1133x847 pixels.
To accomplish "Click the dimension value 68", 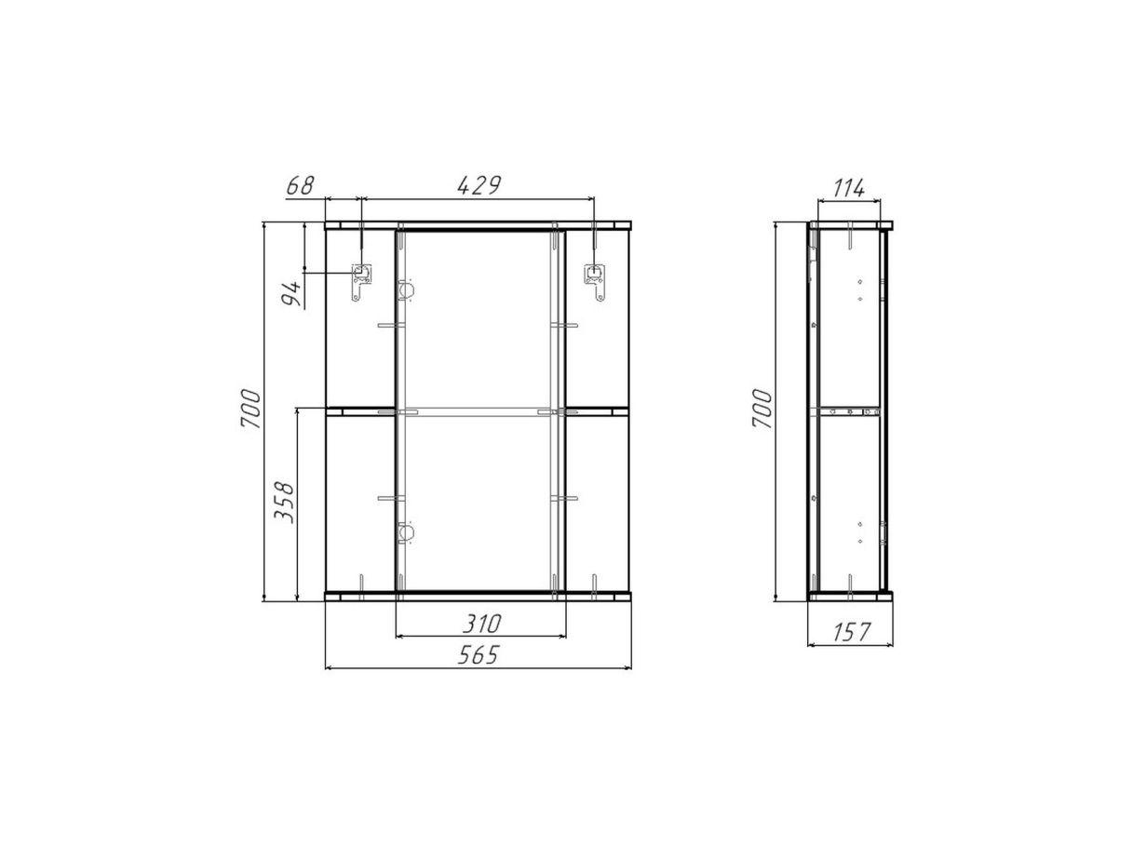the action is (300, 186).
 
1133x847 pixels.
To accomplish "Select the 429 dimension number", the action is (479, 186).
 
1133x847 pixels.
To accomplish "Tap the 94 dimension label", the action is (292, 293).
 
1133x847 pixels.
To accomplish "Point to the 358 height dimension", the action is (284, 503).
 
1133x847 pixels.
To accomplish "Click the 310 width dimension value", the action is (481, 624).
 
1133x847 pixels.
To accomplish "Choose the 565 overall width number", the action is (479, 655).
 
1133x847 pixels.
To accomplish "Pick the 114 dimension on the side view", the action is (849, 189).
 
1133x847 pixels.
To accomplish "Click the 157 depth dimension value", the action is (852, 631).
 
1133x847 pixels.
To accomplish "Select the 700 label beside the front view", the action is (250, 409).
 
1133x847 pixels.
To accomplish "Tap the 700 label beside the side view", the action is (762, 409).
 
